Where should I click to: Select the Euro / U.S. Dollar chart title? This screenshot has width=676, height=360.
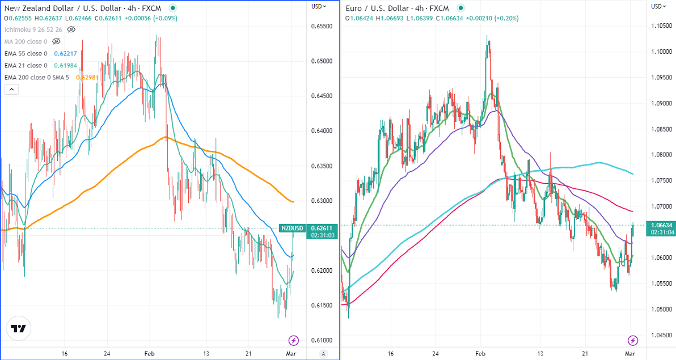coord(386,9)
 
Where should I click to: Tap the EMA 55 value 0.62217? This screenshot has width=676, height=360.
coord(65,54)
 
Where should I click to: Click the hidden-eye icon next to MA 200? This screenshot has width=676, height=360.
coord(56,41)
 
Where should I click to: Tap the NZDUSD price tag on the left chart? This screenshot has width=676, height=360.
coord(292,228)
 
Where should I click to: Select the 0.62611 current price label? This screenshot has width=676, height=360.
coord(321,228)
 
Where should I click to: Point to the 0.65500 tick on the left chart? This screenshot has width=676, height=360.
coord(321,26)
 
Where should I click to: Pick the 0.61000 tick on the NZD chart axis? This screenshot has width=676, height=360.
coord(321,340)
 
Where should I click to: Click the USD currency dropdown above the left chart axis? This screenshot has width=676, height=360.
coord(319,6)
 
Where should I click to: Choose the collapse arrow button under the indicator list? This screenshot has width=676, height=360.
coord(11,89)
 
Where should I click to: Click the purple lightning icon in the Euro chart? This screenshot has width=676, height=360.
coord(633,340)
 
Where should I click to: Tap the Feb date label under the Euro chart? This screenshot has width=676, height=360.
coord(480,353)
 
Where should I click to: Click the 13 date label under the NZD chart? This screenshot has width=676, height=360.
coord(207,353)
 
